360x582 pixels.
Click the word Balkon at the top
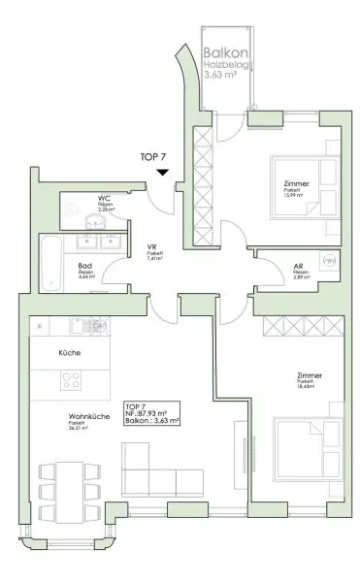point(224,55)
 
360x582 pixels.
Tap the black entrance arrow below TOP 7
point(163,174)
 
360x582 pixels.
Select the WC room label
point(104,198)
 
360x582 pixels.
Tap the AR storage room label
point(299,266)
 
